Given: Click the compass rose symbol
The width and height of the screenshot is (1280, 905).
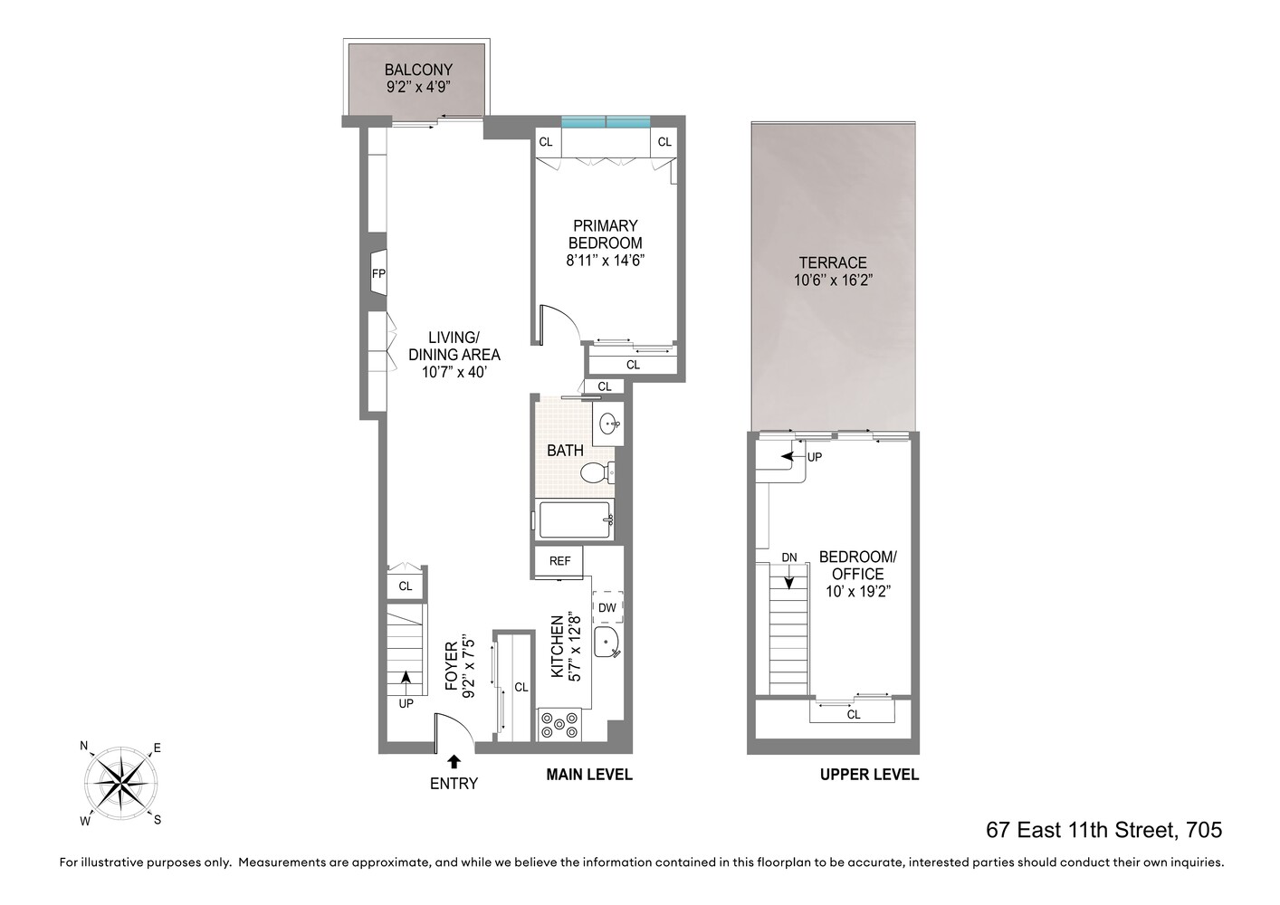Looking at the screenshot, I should point(120,782).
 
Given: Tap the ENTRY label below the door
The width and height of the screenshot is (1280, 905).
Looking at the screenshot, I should point(454,784).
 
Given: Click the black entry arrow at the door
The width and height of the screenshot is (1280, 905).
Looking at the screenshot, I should point(454,762).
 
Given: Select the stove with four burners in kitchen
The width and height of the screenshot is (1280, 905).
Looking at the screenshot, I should point(559,724).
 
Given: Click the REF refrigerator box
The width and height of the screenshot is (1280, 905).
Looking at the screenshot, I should point(559,561).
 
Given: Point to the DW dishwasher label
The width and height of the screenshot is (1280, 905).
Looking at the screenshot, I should point(607,608).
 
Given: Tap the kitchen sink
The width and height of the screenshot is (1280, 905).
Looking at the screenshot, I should point(607,643).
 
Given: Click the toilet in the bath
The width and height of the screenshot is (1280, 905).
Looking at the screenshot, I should point(597,472).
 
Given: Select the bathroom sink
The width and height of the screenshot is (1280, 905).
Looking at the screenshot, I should point(609,423).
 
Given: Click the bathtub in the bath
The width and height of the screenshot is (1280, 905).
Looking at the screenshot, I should point(574,520).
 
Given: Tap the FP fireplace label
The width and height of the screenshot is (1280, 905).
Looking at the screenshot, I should point(378,273).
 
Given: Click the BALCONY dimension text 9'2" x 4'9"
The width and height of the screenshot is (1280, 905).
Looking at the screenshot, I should point(417,87).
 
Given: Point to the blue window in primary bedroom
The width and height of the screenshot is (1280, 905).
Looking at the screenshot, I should point(606,122).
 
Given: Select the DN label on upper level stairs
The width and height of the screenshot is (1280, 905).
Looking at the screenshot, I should point(788,557).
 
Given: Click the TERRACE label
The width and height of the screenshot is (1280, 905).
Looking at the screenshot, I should point(832,262).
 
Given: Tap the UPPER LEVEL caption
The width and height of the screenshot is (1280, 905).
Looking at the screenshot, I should point(869,775).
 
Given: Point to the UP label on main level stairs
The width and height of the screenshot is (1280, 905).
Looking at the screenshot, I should point(406,703).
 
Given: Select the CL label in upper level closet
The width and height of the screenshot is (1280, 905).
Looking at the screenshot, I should point(853,715).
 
